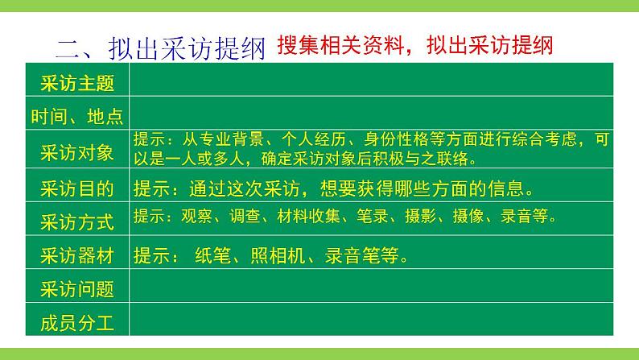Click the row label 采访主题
click(76, 83)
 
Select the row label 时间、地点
click(76, 116)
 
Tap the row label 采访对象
click(76, 151)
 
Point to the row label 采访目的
click(76, 188)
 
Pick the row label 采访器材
click(76, 255)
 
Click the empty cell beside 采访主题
click(370, 83)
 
